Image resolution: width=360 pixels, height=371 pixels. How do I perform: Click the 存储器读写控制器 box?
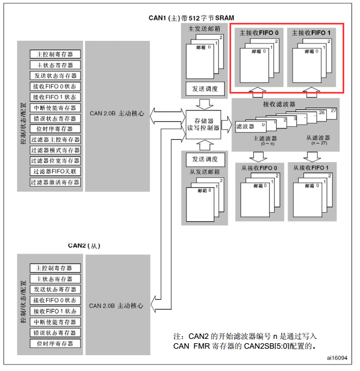(203, 125)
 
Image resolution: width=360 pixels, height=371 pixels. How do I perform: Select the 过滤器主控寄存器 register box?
(55, 139)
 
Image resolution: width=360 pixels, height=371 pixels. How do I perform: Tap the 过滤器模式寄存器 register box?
(55, 150)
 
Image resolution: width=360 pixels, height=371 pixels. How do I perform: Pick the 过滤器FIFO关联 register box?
(55, 171)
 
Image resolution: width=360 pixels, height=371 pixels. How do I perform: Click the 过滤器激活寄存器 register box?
(55, 182)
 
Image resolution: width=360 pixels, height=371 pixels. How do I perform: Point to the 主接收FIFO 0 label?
(259, 33)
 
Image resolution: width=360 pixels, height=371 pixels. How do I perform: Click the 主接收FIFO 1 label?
(311, 33)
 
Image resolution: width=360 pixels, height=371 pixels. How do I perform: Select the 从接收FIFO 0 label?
(259, 168)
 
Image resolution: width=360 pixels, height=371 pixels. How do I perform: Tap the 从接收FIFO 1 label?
(311, 168)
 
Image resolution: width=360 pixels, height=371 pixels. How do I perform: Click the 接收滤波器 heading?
(279, 104)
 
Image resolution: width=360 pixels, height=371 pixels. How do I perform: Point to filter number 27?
(333, 111)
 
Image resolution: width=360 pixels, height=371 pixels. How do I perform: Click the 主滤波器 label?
(265, 138)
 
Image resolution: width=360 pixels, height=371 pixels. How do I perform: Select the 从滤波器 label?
(318, 138)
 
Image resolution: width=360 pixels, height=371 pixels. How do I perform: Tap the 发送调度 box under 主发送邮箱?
(205, 89)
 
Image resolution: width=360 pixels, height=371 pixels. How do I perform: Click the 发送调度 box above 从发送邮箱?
(205, 159)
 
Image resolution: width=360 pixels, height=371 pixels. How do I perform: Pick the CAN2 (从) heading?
(84, 245)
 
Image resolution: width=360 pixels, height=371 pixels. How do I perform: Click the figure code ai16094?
(337, 358)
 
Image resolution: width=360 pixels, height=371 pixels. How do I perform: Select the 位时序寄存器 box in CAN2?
(55, 343)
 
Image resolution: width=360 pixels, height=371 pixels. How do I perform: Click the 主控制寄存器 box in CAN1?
(55, 54)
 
